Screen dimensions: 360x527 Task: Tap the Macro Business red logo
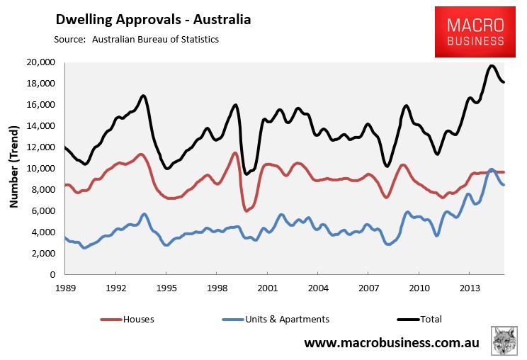coord(475,33)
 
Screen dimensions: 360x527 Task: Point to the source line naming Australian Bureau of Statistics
coord(136,39)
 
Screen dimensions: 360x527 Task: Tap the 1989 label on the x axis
coord(65,288)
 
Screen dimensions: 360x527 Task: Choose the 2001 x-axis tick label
coord(267,288)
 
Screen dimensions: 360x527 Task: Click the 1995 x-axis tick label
coord(166,288)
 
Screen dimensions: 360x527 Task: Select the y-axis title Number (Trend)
coord(14,168)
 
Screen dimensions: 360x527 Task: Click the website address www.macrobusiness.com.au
coord(392,343)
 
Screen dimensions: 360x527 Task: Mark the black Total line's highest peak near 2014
coord(492,66)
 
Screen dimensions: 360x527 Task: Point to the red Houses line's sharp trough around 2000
coord(246,210)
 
